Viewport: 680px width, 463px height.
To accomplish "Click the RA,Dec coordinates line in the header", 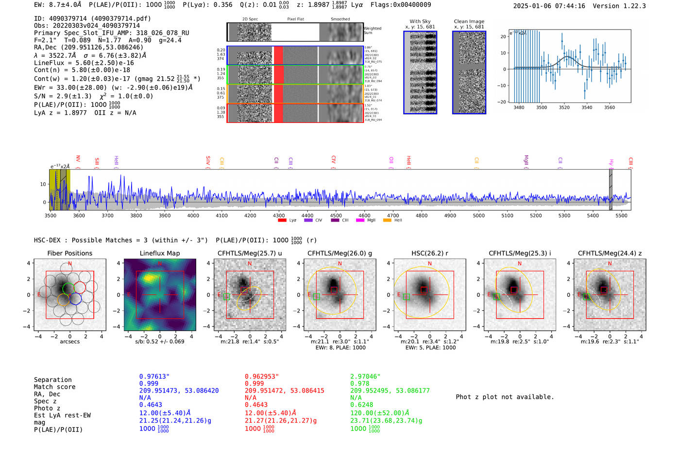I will point(88,47).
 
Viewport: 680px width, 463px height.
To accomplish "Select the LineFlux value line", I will point(84,63).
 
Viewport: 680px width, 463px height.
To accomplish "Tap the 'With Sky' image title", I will point(420,21).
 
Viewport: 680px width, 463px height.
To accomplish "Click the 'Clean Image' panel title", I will point(469,21).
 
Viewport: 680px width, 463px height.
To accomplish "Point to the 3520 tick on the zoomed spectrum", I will point(564,107).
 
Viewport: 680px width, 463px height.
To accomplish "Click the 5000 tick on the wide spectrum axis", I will point(478,215).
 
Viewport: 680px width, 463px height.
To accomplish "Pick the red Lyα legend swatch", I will point(282,220).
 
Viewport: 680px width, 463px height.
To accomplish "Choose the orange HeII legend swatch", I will point(387,220).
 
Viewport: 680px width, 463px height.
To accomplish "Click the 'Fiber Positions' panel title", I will point(69,253).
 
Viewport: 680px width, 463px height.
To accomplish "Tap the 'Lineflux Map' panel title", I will point(159,253).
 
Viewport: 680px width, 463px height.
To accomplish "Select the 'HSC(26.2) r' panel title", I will point(429,253).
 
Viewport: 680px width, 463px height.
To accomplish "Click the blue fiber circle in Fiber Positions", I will point(75,299).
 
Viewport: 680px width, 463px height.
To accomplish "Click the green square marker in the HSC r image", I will point(407,296).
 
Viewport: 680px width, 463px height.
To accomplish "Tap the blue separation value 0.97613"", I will point(154,377).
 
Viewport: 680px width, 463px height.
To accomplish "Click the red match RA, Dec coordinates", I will point(284,391).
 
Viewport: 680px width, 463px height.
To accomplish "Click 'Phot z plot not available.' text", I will point(505,397).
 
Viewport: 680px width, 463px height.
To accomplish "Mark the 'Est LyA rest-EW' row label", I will point(62,415).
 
